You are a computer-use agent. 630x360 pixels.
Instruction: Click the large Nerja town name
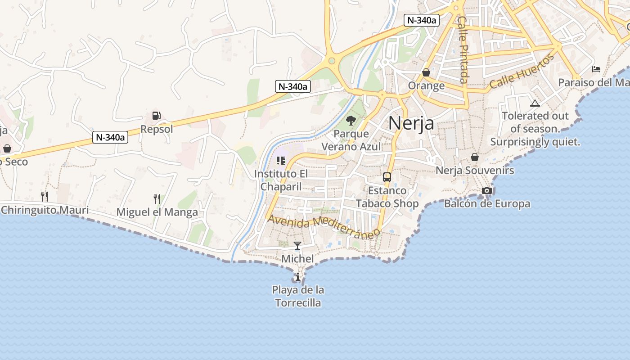pyautogui.click(x=411, y=122)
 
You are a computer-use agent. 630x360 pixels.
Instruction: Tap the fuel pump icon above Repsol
pyautogui.click(x=156, y=116)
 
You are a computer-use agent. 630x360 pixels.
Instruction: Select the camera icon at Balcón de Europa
pyautogui.click(x=486, y=190)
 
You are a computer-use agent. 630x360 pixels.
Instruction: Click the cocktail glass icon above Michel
pyautogui.click(x=297, y=245)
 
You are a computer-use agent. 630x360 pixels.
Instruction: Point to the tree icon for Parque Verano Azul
pyautogui.click(x=351, y=120)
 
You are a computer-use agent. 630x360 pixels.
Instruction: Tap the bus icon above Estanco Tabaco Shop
pyautogui.click(x=387, y=177)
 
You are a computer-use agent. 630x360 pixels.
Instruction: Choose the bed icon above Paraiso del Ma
pyautogui.click(x=596, y=69)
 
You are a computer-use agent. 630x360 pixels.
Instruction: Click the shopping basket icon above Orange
pyautogui.click(x=426, y=72)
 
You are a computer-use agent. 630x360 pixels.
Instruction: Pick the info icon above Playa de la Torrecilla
pyautogui.click(x=298, y=276)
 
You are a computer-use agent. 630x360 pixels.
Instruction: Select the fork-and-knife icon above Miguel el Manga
pyautogui.click(x=157, y=198)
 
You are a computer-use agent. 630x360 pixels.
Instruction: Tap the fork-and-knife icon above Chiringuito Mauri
pyautogui.click(x=44, y=196)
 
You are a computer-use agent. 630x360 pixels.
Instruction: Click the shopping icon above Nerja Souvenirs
pyautogui.click(x=474, y=157)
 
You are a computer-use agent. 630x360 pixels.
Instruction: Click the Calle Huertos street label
pyautogui.click(x=522, y=71)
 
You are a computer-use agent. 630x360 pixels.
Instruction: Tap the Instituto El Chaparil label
pyautogui.click(x=281, y=180)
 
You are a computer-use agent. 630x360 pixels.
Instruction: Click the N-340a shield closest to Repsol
pyautogui.click(x=110, y=137)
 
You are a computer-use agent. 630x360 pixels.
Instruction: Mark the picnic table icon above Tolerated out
pyautogui.click(x=535, y=103)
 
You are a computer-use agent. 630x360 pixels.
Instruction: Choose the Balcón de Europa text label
pyautogui.click(x=487, y=204)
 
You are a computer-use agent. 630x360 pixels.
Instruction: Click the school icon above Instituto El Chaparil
pyautogui.click(x=281, y=160)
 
